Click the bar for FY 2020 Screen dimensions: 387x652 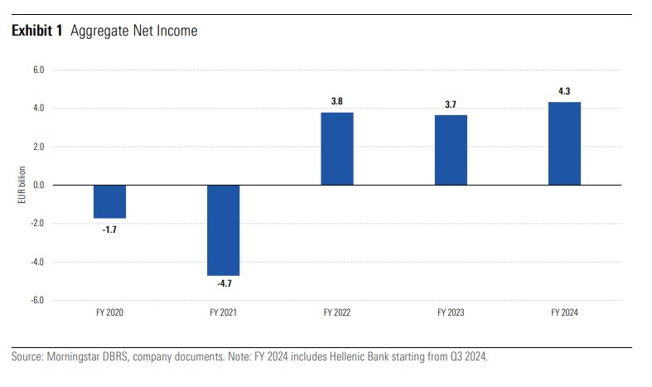109,201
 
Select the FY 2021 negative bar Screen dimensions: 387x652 223,230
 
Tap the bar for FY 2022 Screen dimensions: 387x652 336,148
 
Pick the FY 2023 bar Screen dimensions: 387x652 451,150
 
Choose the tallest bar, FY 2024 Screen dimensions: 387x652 564,143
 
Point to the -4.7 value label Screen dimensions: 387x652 223,283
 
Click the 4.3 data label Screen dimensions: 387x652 564,91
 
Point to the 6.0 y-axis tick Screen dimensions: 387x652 38,70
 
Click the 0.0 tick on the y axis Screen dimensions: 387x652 38,186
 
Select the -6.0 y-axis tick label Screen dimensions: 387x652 37,300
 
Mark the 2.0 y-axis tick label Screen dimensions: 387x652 38,147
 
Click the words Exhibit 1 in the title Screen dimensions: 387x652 38,31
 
